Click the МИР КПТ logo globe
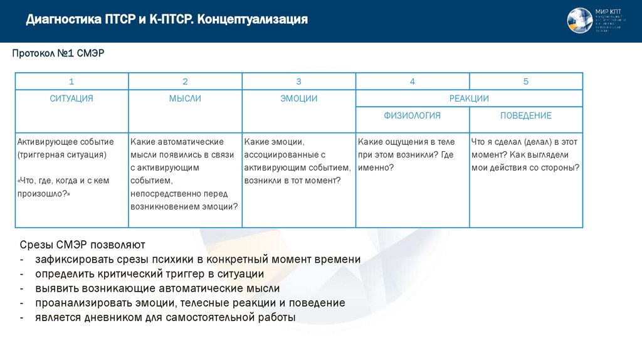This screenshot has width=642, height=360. click(579, 21)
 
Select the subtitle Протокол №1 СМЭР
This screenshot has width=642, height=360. click(58, 54)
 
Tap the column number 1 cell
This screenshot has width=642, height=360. click(71, 82)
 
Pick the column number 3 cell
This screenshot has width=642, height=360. click(298, 82)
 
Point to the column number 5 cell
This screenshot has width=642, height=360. click(525, 82)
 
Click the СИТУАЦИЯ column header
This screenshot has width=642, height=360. click(71, 98)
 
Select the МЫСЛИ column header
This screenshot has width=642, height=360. click(185, 98)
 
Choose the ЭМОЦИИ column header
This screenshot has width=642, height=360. click(298, 98)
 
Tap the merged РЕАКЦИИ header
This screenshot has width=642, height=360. click(469, 98)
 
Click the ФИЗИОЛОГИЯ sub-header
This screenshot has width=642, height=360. click(412, 115)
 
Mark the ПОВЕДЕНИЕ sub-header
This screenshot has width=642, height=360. click(525, 115)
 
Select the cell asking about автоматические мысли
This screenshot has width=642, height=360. click(185, 174)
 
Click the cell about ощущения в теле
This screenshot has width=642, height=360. click(412, 155)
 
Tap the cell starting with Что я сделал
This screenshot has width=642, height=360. click(525, 155)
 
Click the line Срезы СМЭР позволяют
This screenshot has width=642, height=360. click(82, 245)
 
